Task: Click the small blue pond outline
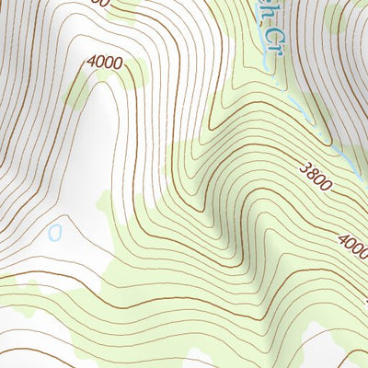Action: click(x=54, y=232)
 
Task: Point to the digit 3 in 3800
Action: click(x=303, y=169)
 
